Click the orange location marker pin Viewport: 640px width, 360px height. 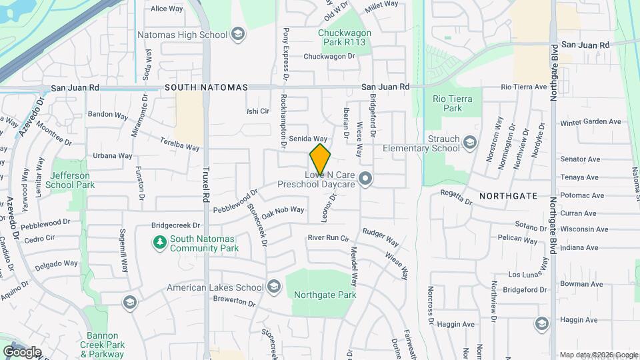point(320,159)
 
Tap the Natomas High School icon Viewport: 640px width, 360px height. point(238,34)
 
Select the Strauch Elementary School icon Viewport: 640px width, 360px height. point(470,143)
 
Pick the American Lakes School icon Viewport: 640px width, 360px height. point(274,287)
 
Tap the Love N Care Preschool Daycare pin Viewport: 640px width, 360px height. point(365,178)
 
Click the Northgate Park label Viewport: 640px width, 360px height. point(326,295)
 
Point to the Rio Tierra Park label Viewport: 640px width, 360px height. point(447,103)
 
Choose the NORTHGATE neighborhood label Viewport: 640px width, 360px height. point(507,196)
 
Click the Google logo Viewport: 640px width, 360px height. point(22,351)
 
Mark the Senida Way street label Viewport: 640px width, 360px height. point(308,138)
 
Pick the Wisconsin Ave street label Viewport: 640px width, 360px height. point(585,229)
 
